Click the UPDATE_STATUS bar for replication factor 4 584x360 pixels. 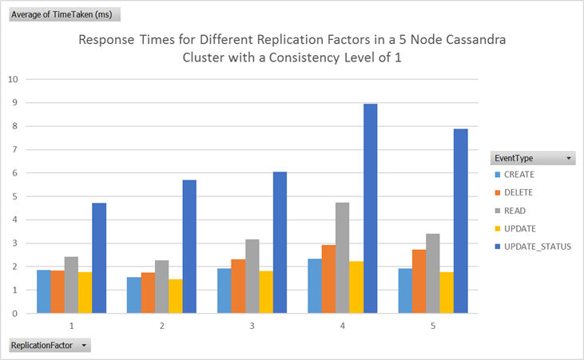(370, 209)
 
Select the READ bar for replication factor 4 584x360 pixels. (342, 258)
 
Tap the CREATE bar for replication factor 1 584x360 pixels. (44, 291)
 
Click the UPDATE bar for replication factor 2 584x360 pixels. (176, 296)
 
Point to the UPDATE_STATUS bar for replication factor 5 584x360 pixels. (460, 221)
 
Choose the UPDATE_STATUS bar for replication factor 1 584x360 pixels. (99, 258)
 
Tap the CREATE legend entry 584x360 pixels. (518, 175)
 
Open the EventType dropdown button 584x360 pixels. (569, 159)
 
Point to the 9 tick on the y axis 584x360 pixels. (14, 103)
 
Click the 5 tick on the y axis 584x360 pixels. (14, 196)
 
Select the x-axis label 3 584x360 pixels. (252, 326)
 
